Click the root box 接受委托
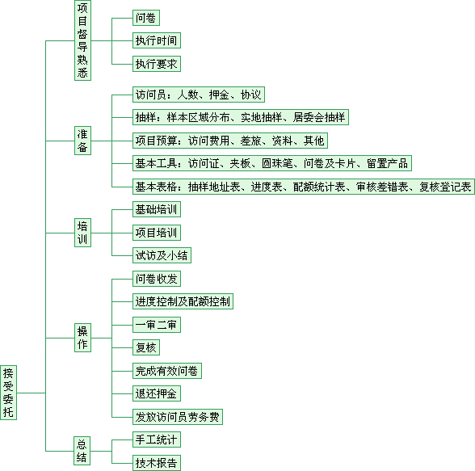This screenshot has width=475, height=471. pos(8,393)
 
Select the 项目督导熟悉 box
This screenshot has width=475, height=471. pos(82,40)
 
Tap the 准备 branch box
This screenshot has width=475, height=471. pos(82,141)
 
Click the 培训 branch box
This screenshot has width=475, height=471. pos(82,233)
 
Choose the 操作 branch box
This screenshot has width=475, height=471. pos(82,338)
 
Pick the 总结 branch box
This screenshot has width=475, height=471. pos(82,451)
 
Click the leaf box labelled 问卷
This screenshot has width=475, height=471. pos(146,18)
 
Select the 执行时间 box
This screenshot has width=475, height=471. pos(157,40)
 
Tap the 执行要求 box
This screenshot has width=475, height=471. pos(157,64)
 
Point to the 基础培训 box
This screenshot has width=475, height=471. pos(157,209)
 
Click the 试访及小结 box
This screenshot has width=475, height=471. pos(162,255)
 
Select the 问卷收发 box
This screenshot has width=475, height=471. pos(157,279)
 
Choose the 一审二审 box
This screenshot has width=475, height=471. pos(157,325)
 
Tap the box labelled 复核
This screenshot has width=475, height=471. pos(146,347)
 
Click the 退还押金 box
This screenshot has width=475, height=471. pos(157,393)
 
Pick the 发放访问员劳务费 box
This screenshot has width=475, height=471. pos(178,417)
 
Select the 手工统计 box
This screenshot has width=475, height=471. pos(157,439)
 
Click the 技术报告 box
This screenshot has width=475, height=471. pos(157,463)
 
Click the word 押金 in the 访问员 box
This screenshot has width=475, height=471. pos(219,95)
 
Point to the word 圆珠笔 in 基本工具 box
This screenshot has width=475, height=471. pos(277,163)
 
